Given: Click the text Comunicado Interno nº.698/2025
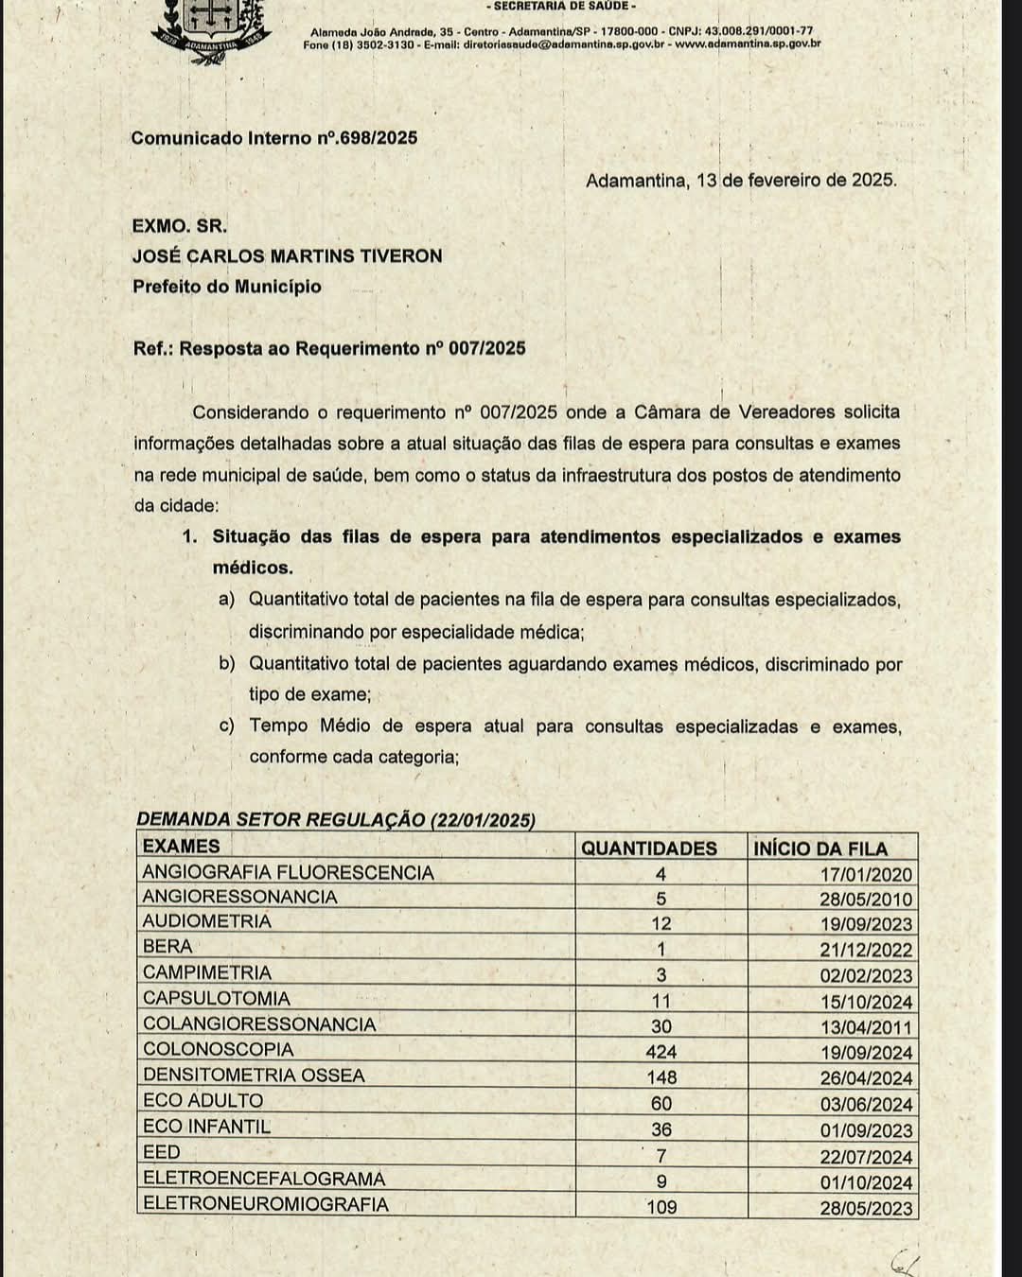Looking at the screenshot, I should tap(274, 138).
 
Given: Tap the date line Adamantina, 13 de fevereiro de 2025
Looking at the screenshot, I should tap(741, 180).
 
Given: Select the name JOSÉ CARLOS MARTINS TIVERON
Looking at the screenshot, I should tap(287, 256).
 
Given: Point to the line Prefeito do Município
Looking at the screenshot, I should tap(227, 287).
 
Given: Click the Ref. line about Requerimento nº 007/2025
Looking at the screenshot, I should tap(329, 348).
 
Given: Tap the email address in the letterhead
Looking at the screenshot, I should tap(564, 44).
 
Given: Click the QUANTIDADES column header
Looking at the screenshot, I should tap(649, 848).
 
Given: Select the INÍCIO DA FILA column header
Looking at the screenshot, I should tap(820, 848).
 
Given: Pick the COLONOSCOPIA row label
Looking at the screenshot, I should tap(219, 1050).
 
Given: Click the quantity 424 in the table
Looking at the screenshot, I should tap(661, 1052).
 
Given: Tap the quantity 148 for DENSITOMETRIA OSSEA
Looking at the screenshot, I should tap(661, 1077).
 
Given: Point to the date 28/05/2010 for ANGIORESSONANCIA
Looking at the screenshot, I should tap(866, 900).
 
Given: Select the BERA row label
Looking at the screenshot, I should tap(167, 947).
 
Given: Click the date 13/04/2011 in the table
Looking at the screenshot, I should tap(866, 1027).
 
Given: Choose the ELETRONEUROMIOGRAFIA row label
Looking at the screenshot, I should tap(266, 1205).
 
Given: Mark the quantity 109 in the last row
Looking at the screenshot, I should tap(661, 1207).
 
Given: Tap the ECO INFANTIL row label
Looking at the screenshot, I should tap(206, 1128).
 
